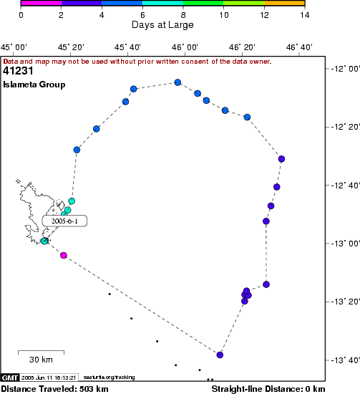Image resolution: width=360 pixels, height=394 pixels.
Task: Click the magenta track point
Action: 64,255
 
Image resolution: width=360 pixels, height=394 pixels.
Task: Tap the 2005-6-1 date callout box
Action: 64,221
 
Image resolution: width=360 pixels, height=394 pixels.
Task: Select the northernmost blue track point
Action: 177,82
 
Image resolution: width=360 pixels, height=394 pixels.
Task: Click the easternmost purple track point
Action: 281,159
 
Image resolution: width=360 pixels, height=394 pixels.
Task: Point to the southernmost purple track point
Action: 220,355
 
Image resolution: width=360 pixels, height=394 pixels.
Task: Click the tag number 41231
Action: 18,71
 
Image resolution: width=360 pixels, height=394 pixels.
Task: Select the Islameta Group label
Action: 34,85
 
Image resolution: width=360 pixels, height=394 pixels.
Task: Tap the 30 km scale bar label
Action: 41,360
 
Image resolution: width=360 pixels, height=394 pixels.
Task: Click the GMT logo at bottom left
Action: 10,378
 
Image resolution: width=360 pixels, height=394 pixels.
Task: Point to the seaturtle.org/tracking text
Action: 109,377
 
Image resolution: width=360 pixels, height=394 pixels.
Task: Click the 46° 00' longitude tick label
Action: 185,47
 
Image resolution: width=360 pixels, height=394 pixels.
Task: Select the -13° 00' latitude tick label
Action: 346,244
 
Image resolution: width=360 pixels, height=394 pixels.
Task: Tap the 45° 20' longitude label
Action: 71,47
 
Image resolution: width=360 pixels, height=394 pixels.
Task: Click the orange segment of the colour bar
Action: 284,3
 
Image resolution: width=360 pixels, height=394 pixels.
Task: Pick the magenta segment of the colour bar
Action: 42,3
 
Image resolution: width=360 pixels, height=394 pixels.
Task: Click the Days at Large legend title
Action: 162,24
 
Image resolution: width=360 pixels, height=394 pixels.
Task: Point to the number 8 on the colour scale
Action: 183,15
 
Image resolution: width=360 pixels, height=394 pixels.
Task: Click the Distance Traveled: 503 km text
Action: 54,389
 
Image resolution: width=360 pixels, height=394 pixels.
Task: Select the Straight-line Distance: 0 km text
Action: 268,389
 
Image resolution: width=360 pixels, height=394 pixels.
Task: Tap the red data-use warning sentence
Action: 137,62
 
